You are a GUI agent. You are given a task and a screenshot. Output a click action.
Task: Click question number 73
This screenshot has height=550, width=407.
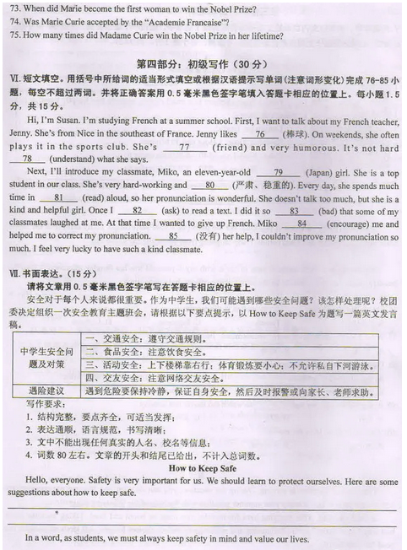(x=15, y=8)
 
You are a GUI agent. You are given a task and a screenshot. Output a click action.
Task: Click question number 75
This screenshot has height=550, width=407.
(x=15, y=36)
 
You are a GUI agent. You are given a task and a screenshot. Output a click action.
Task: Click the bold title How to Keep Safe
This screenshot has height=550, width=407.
(x=203, y=467)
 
